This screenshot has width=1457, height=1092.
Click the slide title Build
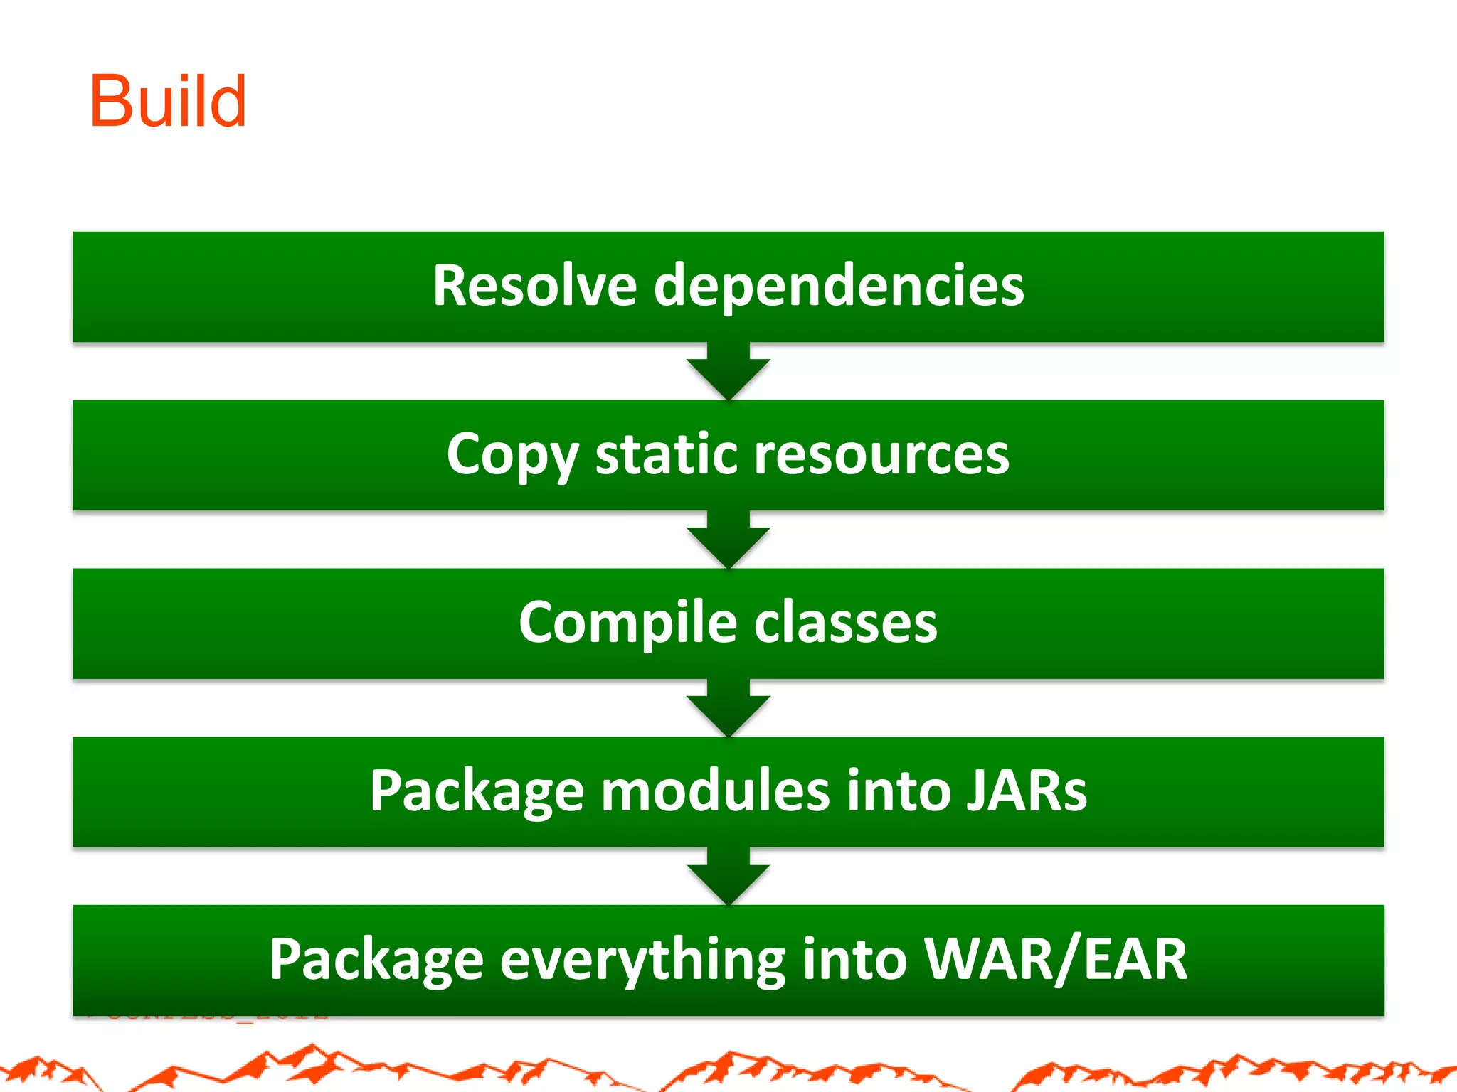(168, 102)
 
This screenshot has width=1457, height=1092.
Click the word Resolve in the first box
(534, 286)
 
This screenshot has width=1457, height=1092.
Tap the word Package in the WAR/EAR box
(376, 960)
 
